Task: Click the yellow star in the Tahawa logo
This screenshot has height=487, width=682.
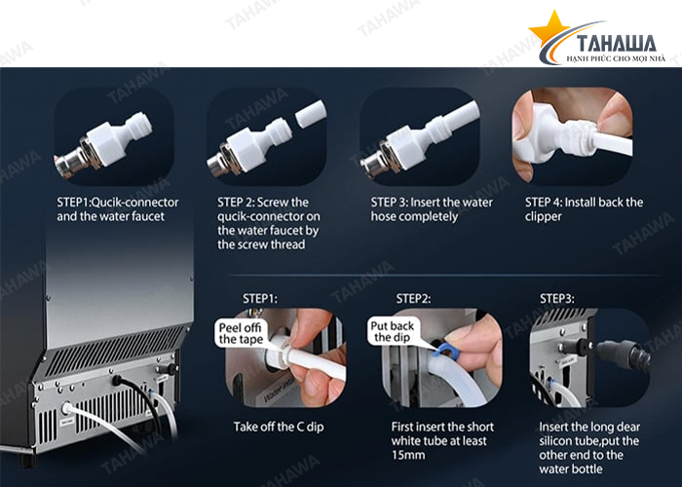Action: click(x=549, y=28)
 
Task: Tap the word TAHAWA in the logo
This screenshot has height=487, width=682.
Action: click(x=617, y=45)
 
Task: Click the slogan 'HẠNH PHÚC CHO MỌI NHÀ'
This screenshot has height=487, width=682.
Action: click(x=616, y=58)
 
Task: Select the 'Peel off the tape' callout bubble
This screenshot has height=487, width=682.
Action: click(x=241, y=333)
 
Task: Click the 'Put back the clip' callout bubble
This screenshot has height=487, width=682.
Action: click(x=393, y=332)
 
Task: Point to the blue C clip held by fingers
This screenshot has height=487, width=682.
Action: click(x=443, y=350)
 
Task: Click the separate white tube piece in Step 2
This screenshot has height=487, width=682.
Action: click(x=311, y=114)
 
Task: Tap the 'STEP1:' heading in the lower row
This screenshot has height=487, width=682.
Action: click(x=260, y=299)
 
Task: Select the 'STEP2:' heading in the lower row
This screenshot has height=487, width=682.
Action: click(x=413, y=299)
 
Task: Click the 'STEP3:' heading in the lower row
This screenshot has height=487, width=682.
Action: click(x=556, y=299)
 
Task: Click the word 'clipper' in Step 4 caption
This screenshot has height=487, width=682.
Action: click(x=543, y=216)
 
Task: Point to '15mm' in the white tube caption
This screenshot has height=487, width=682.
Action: click(x=408, y=455)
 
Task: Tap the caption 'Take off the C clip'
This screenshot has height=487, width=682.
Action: click(x=279, y=427)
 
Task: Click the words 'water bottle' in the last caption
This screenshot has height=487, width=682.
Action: click(x=571, y=469)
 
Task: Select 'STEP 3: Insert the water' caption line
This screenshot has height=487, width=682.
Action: click(x=432, y=203)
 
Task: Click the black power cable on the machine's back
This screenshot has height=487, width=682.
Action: click(x=139, y=400)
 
